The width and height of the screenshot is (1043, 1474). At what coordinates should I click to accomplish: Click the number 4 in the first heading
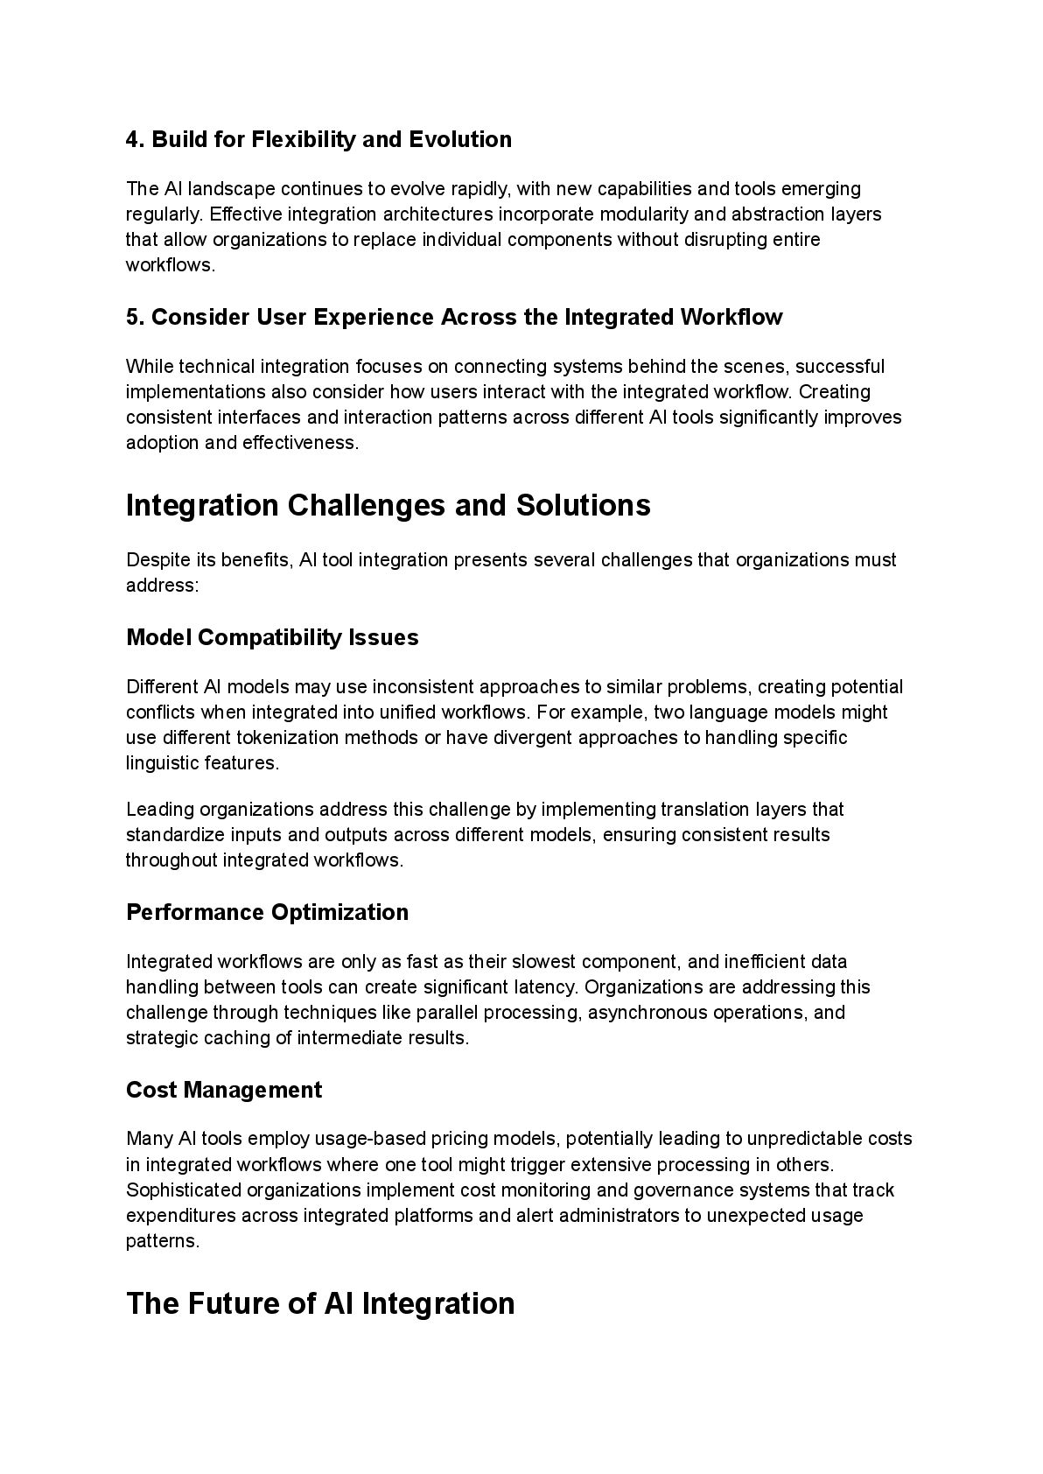pos(133,140)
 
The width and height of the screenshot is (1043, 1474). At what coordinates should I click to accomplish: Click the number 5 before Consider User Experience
pos(133,318)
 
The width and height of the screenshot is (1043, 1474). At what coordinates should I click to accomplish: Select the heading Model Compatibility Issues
pos(272,638)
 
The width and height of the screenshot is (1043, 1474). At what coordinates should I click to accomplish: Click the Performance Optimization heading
pos(267,913)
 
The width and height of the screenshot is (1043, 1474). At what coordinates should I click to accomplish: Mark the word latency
pos(549,987)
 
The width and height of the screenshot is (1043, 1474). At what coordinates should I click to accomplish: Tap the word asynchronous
pos(647,1013)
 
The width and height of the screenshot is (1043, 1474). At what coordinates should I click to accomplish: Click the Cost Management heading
pos(224,1091)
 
